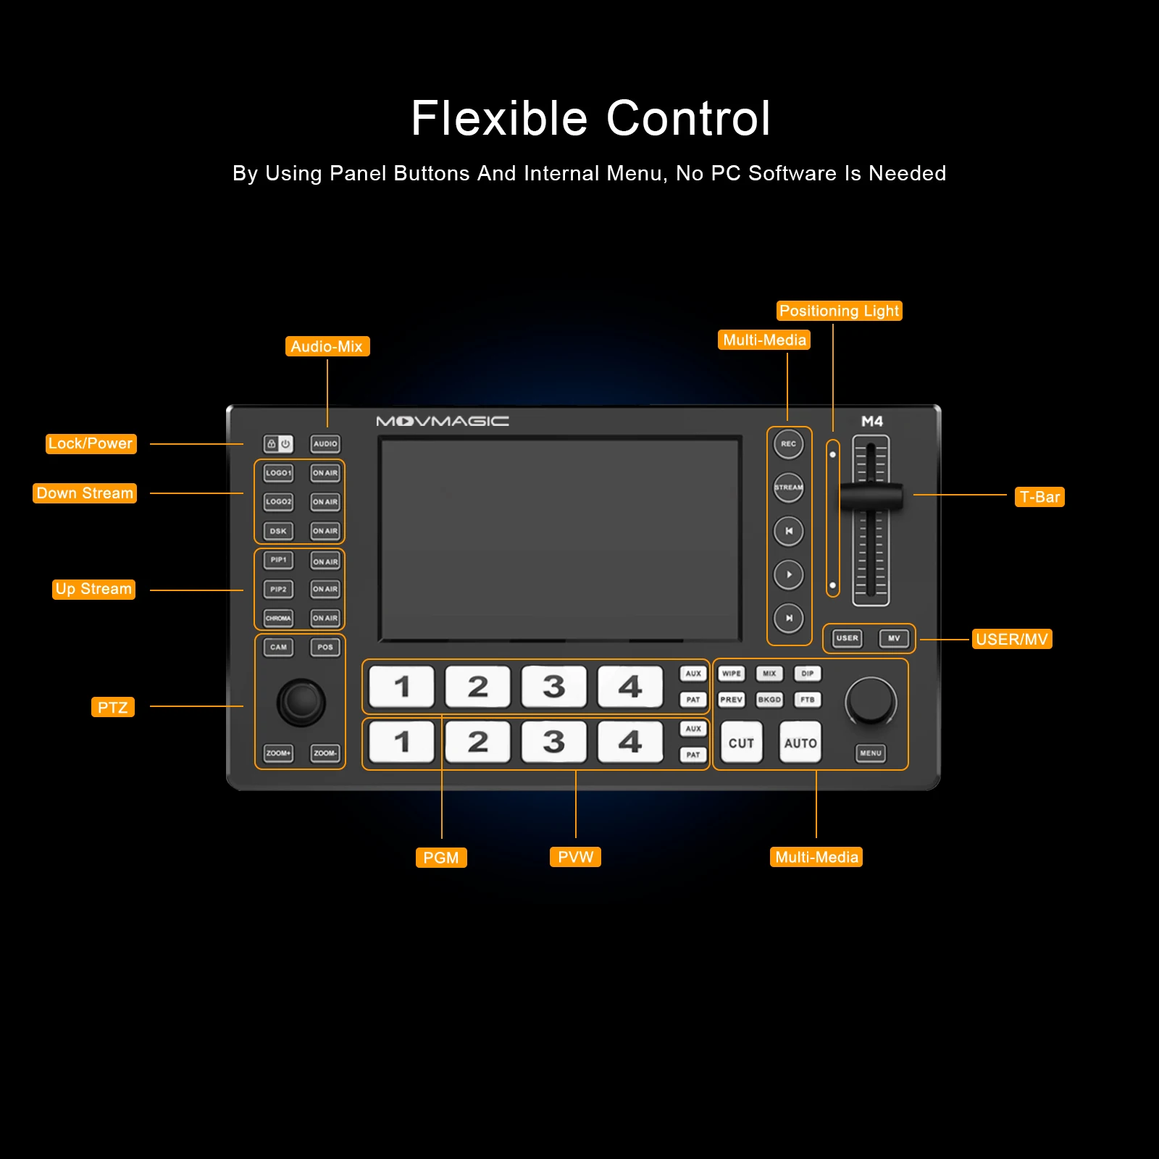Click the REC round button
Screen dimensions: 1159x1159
click(788, 444)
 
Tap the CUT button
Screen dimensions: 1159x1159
click(741, 742)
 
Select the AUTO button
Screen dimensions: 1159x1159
click(800, 742)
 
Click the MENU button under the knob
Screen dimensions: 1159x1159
click(870, 753)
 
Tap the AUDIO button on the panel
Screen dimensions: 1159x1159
click(325, 444)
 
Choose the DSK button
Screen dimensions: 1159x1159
click(278, 531)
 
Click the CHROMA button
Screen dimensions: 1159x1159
click(278, 618)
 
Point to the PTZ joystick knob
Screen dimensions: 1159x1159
click(301, 701)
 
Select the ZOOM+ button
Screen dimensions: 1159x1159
click(278, 753)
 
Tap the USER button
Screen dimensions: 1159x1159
click(847, 638)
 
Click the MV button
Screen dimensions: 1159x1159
click(894, 638)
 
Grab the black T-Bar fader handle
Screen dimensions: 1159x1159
click(871, 497)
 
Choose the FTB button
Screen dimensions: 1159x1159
click(807, 700)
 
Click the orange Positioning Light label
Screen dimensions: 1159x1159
click(839, 311)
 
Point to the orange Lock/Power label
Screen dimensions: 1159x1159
click(91, 443)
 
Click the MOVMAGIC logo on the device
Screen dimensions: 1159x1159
click(442, 421)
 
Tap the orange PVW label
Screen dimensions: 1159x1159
click(575, 857)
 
